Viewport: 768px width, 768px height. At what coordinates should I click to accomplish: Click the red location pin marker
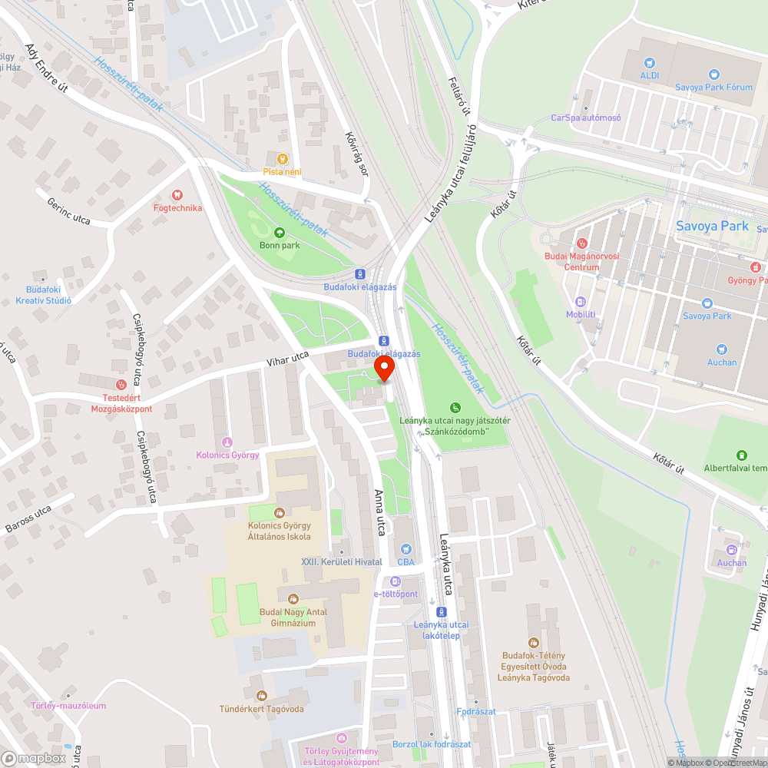click(385, 370)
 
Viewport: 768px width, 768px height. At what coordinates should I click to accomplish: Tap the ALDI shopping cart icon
click(650, 63)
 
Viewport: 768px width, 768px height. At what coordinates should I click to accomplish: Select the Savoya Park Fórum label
click(713, 87)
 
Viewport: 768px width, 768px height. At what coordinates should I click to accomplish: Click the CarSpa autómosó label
click(586, 118)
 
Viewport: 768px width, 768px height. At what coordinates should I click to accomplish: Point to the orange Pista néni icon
click(282, 159)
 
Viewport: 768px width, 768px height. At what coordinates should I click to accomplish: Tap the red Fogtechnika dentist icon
click(177, 195)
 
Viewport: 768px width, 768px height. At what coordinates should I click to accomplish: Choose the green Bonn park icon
click(279, 232)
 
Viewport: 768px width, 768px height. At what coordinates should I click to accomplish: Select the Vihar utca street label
click(287, 357)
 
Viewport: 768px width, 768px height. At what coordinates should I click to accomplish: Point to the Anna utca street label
click(378, 513)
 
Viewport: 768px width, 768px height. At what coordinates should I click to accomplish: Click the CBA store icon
click(405, 549)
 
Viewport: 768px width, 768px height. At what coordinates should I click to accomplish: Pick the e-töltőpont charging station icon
click(396, 581)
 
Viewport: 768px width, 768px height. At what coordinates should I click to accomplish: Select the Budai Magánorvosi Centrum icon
click(581, 243)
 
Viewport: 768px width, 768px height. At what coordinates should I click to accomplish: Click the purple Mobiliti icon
click(581, 302)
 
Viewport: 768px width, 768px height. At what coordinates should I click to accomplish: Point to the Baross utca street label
click(28, 519)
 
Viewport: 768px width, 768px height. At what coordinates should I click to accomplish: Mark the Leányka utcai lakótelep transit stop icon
click(441, 612)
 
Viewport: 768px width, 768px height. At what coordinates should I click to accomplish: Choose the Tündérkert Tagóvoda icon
click(261, 696)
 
